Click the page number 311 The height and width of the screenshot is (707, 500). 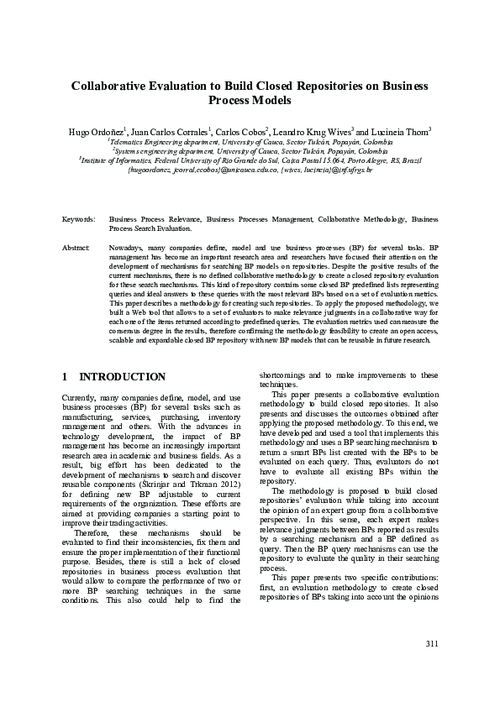[431, 668]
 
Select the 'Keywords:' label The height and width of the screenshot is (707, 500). [79, 217]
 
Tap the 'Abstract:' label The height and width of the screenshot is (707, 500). [76, 249]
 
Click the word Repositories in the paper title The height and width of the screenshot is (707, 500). [331, 85]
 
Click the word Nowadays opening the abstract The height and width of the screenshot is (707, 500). [127, 249]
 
